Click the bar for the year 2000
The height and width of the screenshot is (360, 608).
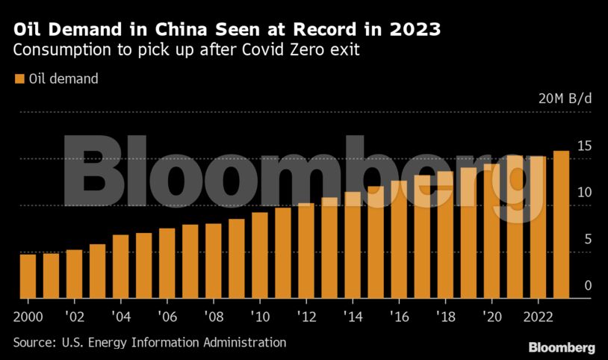click(x=28, y=276)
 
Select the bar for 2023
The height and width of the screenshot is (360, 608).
click(x=561, y=224)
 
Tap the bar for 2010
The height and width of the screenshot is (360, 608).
click(x=260, y=255)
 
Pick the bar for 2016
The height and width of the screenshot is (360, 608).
click(x=399, y=239)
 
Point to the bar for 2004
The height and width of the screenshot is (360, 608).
click(x=120, y=266)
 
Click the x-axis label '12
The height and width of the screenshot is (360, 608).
click(x=306, y=316)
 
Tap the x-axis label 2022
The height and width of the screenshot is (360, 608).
click(x=538, y=316)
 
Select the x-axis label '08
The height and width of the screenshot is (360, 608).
click(x=214, y=316)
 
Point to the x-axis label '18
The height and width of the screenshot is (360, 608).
click(x=445, y=316)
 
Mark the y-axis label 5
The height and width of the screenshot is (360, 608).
click(x=589, y=240)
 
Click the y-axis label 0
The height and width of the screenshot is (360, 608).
click(x=589, y=286)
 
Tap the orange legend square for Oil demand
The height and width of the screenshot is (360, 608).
click(x=19, y=78)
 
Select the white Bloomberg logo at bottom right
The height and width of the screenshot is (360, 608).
click(x=562, y=347)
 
